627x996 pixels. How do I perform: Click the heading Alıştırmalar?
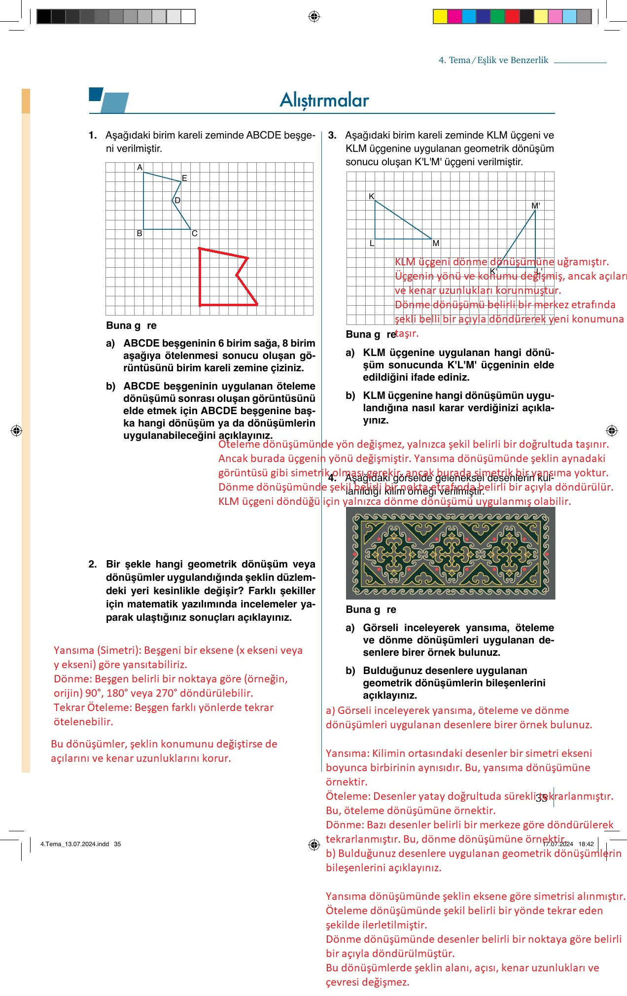(x=324, y=100)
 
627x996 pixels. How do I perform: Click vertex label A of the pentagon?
(x=139, y=168)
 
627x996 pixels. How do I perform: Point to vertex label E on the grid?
(x=184, y=178)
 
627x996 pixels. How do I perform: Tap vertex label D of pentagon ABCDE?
(x=177, y=200)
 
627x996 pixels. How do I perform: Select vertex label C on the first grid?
(x=194, y=234)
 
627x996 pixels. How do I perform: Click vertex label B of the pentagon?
(x=139, y=234)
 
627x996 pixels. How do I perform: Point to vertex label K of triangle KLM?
(x=372, y=196)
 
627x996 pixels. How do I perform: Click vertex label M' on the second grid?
(x=535, y=206)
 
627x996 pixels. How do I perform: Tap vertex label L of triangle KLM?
(x=372, y=243)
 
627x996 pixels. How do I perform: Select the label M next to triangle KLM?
(x=436, y=243)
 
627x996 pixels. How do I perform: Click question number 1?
(x=93, y=135)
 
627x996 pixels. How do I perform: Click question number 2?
(x=93, y=564)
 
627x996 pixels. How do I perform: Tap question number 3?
(x=332, y=135)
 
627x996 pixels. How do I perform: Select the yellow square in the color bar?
(x=440, y=17)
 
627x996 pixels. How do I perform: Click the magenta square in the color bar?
(x=454, y=17)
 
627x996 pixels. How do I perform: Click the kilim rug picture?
(x=451, y=553)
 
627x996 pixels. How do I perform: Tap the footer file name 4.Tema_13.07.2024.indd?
(x=74, y=844)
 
